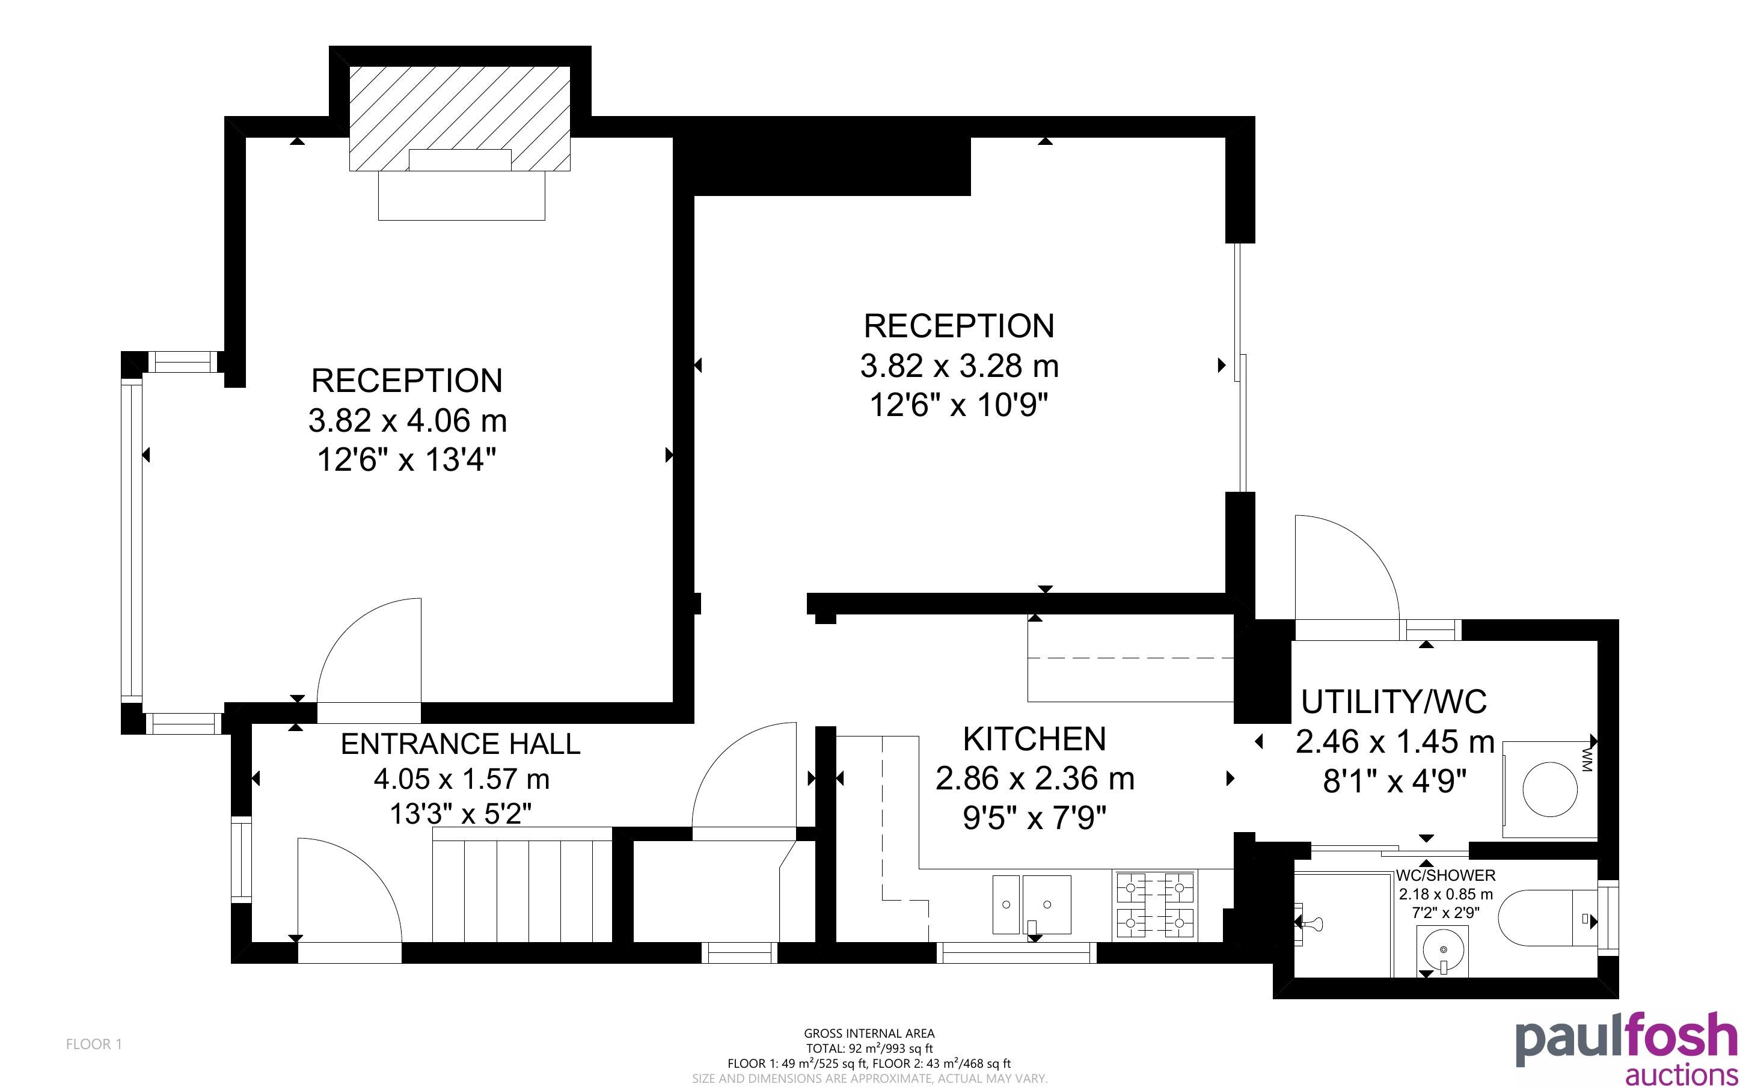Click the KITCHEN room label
point(1034,739)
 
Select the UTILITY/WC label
point(1394,702)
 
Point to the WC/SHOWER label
point(1445,875)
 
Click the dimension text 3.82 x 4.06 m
point(408,421)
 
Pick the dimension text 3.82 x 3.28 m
point(960,366)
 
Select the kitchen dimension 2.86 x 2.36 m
point(1034,779)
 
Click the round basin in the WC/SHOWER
point(1442,952)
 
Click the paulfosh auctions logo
point(1626,1047)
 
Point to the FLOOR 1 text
point(94,1044)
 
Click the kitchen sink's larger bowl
point(1046,904)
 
